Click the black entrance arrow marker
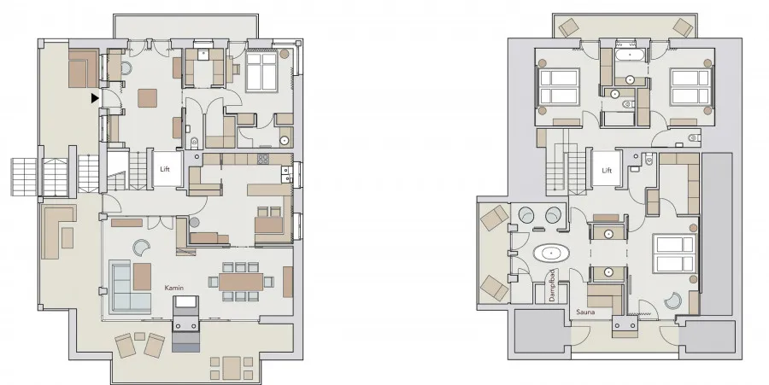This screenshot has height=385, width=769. tap(95, 98)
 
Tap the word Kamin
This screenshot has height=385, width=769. tap(174, 288)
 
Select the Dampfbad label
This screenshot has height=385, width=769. tap(552, 286)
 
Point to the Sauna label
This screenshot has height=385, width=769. tap(585, 312)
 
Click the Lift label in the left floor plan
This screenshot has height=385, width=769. tap(165, 170)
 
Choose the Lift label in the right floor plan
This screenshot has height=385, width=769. tap(608, 171)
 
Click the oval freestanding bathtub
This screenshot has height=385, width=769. tap(552, 254)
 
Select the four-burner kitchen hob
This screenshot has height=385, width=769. tap(263, 159)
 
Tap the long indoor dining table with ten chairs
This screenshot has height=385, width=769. tap(241, 282)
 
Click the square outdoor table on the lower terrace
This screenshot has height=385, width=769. tap(232, 366)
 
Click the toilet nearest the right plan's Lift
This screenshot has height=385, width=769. tap(649, 159)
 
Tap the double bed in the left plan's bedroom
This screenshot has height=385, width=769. tap(262, 72)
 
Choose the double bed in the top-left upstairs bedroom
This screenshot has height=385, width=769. tap(558, 87)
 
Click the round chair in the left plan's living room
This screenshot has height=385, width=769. tap(141, 248)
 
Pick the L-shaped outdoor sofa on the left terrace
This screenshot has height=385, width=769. tap(57, 231)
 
